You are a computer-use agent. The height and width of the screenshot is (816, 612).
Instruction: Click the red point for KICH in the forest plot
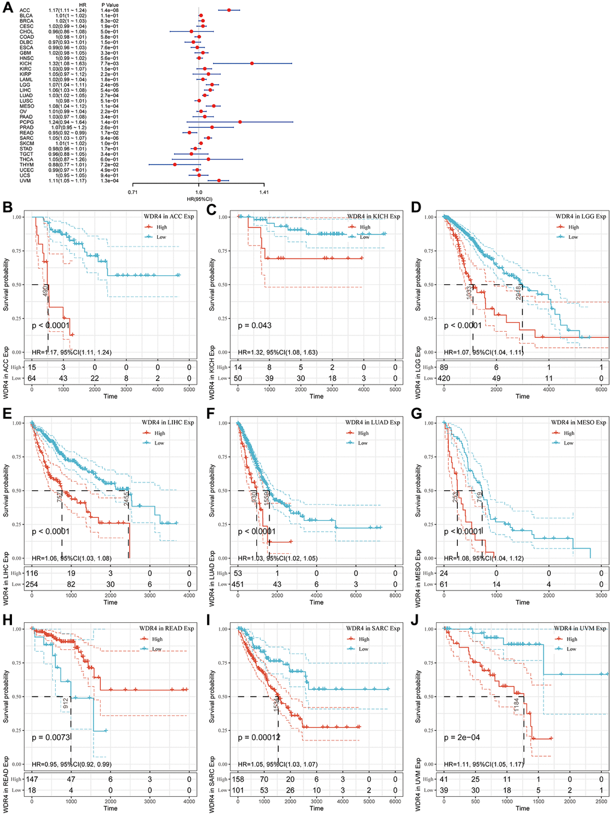[x=252, y=63]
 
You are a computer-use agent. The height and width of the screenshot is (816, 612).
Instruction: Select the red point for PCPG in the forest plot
[x=240, y=122]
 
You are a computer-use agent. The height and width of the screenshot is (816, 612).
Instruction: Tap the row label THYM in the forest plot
[x=26, y=164]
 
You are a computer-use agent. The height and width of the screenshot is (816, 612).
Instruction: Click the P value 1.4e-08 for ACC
[x=110, y=10]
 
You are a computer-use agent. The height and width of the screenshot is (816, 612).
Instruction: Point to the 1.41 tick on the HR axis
[x=264, y=193]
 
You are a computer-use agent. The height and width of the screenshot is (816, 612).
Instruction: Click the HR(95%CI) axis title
[x=199, y=199]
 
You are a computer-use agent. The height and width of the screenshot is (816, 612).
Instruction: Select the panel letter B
[x=8, y=208]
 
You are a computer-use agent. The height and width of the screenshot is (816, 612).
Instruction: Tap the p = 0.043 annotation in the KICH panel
[x=254, y=325]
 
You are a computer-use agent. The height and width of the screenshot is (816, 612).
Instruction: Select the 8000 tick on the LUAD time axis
[x=395, y=595]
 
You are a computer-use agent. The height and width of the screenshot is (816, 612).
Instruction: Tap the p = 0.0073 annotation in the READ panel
[x=51, y=737]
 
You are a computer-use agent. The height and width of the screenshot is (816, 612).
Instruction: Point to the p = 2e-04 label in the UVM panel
[x=462, y=737]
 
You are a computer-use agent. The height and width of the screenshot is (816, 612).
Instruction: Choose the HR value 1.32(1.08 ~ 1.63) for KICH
[x=68, y=63]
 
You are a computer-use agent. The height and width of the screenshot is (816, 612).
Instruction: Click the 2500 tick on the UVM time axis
[x=601, y=801]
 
